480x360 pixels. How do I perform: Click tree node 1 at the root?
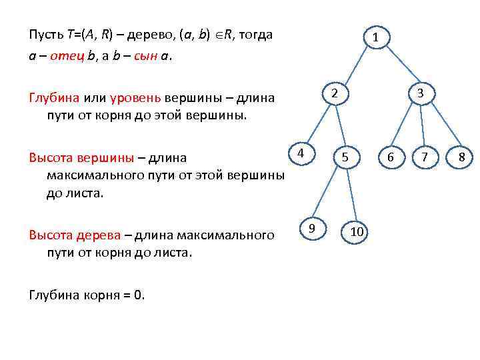pos(376,38)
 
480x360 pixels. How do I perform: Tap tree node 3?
pos(421,94)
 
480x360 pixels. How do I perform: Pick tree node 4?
pos(301,153)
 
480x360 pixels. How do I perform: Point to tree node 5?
pos(345,157)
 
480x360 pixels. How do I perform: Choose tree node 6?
pos(391,157)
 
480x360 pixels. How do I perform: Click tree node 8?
pos(461,157)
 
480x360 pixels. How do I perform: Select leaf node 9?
pos(312,229)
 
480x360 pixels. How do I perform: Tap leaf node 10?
pos(356,231)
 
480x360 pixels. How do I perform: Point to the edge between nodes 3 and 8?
pos(443,127)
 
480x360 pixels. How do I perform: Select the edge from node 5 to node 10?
pos(351,195)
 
